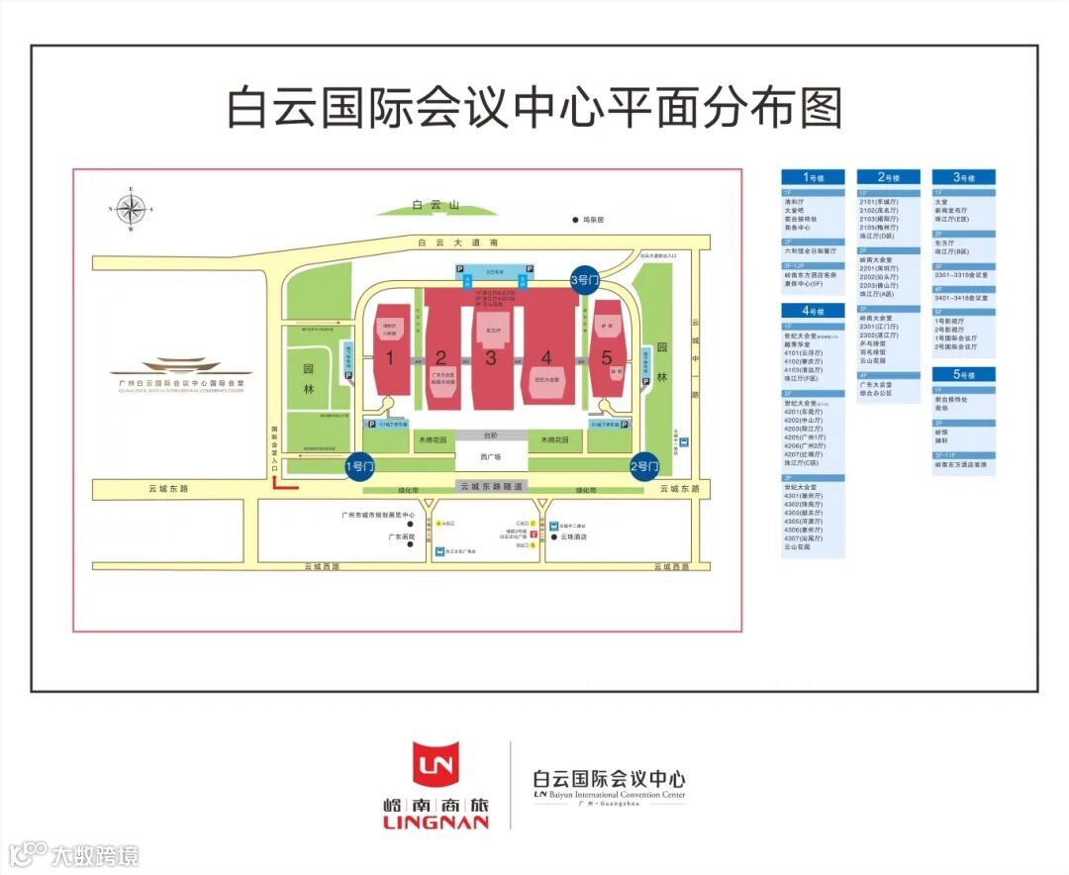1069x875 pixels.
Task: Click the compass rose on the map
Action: pyautogui.click(x=131, y=209)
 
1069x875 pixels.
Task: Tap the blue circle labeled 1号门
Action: pyautogui.click(x=359, y=465)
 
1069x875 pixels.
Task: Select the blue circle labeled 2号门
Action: pyautogui.click(x=644, y=465)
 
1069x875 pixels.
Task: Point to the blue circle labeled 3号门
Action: pyautogui.click(x=585, y=280)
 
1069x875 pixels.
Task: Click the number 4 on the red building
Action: pyautogui.click(x=546, y=358)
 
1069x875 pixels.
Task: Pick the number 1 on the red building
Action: pyautogui.click(x=391, y=357)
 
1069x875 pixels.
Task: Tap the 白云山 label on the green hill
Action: pyautogui.click(x=437, y=206)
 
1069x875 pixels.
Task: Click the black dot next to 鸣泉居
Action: pyautogui.click(x=573, y=220)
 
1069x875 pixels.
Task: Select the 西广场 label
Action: pyautogui.click(x=490, y=457)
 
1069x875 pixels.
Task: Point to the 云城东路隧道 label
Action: pyautogui.click(x=492, y=486)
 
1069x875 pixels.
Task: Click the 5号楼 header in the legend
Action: pyautogui.click(x=963, y=375)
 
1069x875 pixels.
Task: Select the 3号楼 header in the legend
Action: pyautogui.click(x=963, y=178)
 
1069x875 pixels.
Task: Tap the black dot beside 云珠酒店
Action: pyautogui.click(x=552, y=537)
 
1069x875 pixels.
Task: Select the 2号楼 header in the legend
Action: pyautogui.click(x=887, y=178)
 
